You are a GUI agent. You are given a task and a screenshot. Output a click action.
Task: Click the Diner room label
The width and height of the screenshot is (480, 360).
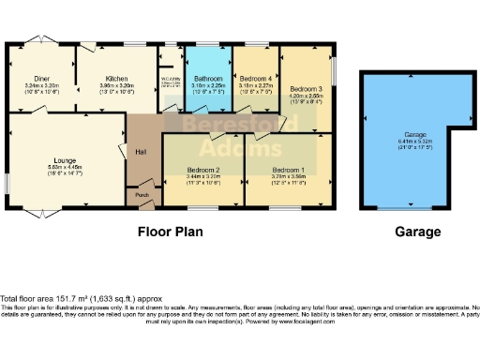[40, 80]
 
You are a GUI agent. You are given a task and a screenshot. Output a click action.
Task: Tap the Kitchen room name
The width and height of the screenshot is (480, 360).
[116, 80]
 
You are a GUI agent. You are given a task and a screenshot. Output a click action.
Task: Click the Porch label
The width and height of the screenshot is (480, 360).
[143, 194]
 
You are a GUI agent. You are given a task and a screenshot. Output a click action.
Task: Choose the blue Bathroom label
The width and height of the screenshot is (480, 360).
[208, 79]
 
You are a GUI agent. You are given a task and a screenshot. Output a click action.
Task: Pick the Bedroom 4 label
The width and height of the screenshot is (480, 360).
[255, 79]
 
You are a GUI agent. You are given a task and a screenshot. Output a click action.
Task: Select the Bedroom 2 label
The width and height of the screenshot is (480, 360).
[203, 170]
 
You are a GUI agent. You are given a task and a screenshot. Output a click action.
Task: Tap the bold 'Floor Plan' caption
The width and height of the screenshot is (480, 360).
[171, 230]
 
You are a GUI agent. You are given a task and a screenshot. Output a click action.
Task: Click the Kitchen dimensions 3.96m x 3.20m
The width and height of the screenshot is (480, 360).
[116, 86]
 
